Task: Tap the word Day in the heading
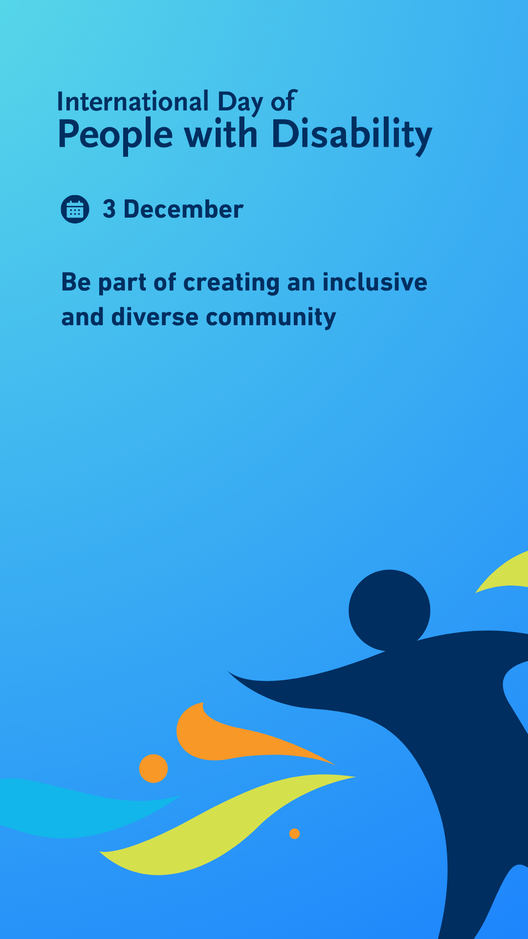tap(240, 103)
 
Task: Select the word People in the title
tap(115, 135)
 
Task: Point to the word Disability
tap(352, 135)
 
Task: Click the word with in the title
tap(221, 133)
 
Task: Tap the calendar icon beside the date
tap(75, 209)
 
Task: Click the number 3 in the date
tap(109, 209)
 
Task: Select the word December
tap(183, 209)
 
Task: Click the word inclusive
tap(375, 282)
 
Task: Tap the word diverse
tap(155, 317)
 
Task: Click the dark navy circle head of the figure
tap(389, 610)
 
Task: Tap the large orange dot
tap(154, 768)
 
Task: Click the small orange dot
tap(294, 833)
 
